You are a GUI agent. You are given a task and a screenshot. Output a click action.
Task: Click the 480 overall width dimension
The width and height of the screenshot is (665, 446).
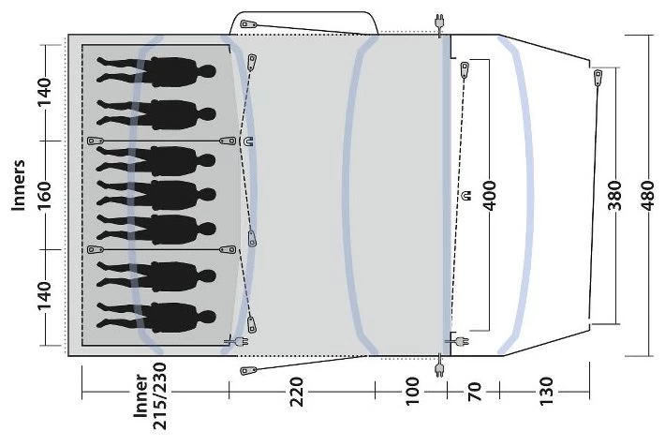[648, 196]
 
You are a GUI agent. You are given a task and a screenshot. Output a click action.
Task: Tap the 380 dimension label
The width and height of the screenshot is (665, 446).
[615, 196]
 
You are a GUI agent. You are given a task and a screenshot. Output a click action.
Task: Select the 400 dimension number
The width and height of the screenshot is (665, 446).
[490, 196]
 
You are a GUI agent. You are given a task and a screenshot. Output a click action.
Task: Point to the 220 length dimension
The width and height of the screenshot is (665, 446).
[297, 392]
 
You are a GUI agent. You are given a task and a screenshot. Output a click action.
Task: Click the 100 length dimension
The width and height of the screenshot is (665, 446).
[412, 392]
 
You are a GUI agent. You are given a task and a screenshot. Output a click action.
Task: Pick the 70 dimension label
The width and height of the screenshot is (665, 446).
[475, 392]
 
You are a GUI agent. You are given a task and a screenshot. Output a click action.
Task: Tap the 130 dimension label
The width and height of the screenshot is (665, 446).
[546, 392]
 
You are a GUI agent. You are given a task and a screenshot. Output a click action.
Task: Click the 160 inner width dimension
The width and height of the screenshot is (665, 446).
[44, 196]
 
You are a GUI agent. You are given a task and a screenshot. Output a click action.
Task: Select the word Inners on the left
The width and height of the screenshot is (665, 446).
[19, 185]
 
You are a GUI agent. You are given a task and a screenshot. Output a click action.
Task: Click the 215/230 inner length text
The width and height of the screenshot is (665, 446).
[161, 396]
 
